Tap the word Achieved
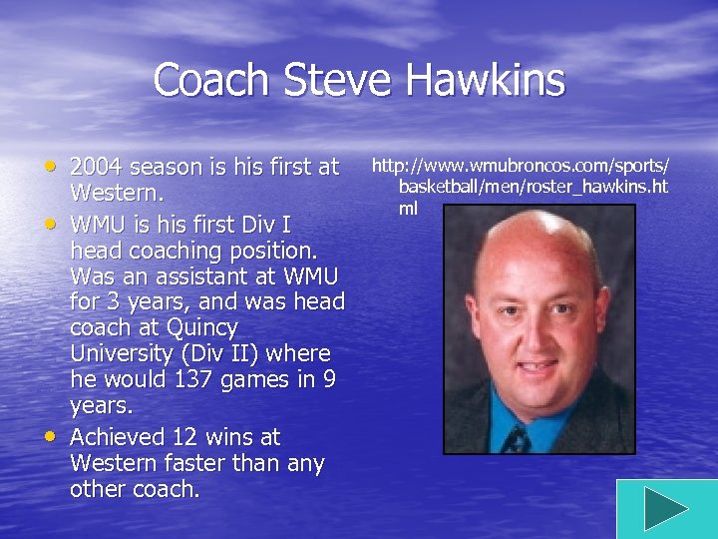pyautogui.click(x=117, y=437)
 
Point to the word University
pyautogui.click(x=119, y=354)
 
